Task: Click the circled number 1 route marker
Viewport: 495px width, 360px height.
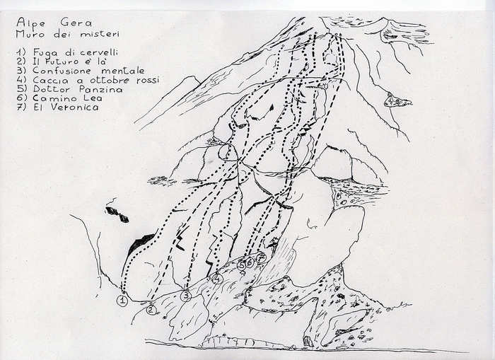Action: (x=122, y=301)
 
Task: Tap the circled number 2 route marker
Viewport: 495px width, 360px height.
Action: (x=151, y=310)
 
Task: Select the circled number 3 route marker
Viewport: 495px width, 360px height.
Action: (x=186, y=296)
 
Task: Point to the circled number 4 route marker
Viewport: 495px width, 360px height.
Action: (x=218, y=279)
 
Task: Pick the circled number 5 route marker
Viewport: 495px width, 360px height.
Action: (x=242, y=265)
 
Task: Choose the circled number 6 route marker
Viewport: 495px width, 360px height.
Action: (x=250, y=262)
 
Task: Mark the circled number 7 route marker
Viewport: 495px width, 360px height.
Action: (x=261, y=258)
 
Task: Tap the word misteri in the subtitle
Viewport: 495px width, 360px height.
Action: (x=100, y=34)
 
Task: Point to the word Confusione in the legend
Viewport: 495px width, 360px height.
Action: (x=62, y=71)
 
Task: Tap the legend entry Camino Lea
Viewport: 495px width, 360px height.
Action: (x=67, y=98)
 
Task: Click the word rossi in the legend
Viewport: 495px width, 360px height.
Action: (x=148, y=80)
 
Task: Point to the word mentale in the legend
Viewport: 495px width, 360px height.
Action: (x=123, y=71)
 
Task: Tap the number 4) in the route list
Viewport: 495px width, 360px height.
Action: (x=21, y=80)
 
